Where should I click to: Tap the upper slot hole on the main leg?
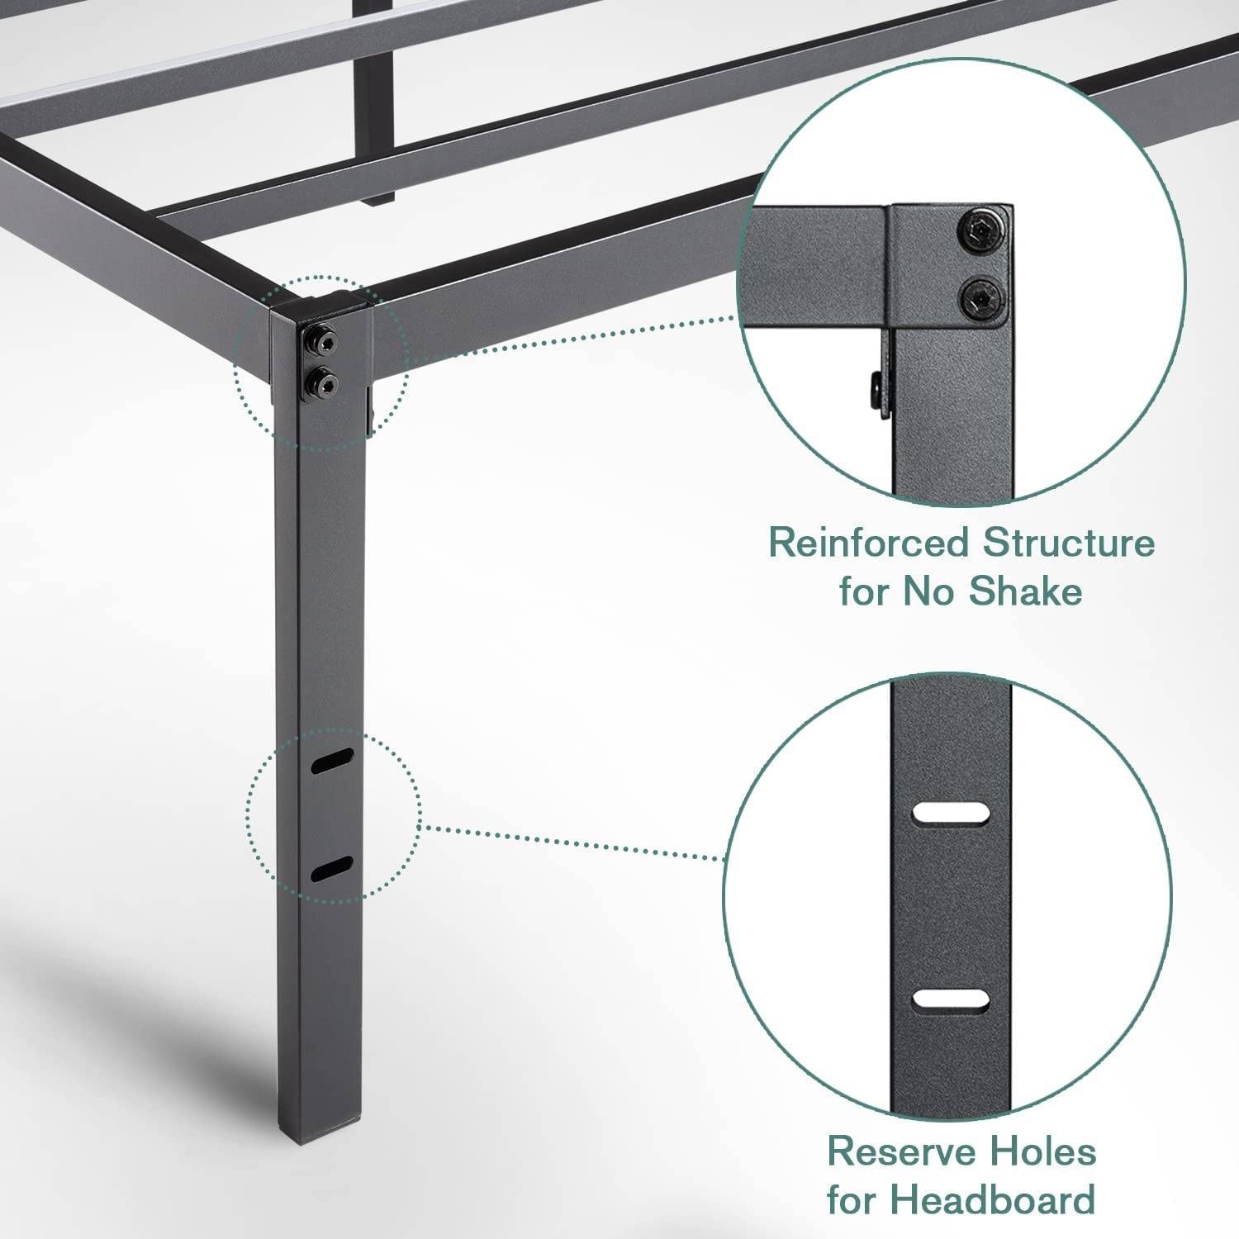click(332, 761)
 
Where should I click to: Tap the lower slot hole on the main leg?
click(332, 869)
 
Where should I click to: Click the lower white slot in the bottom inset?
click(950, 999)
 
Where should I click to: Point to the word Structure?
click(1069, 544)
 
